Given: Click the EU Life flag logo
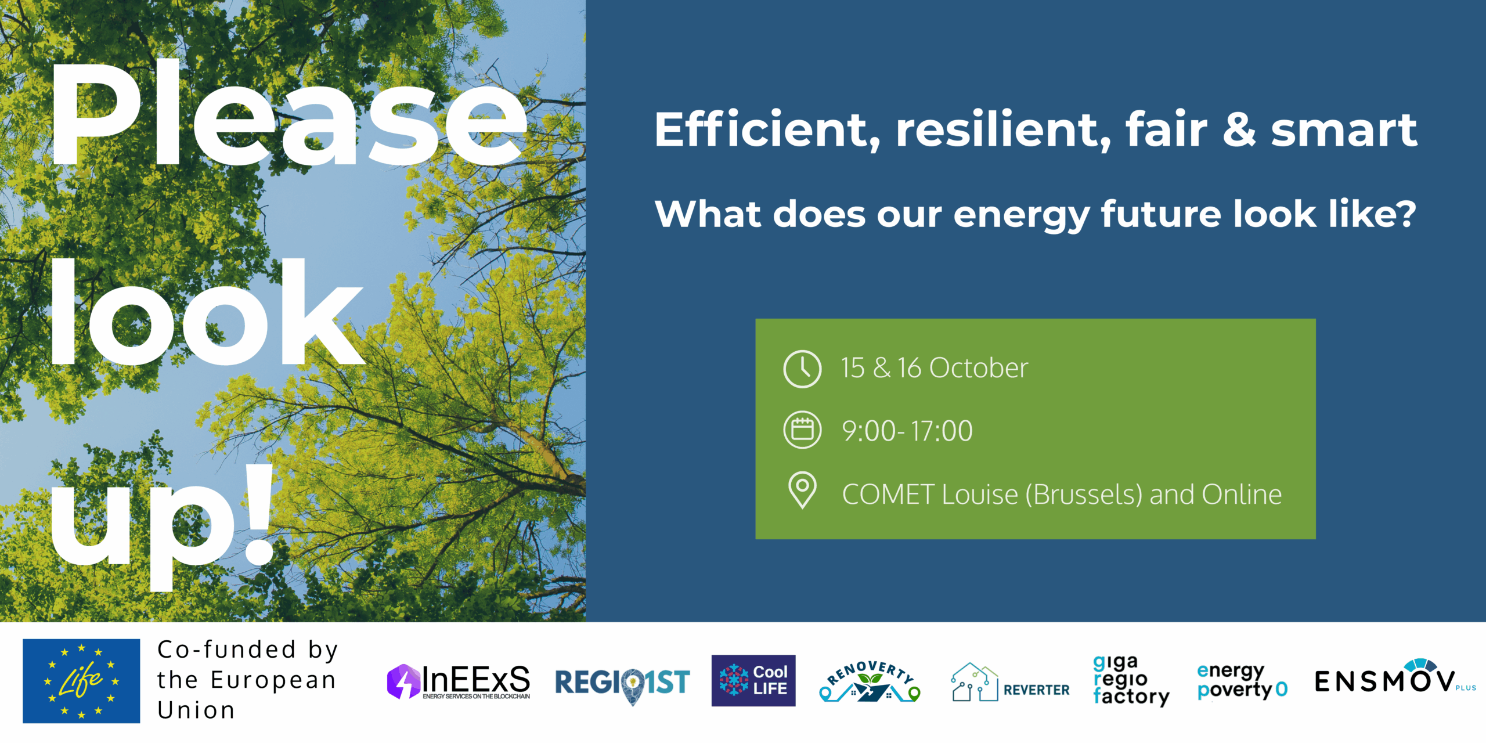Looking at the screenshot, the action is pyautogui.click(x=81, y=681).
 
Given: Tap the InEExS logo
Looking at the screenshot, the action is pyautogui.click(x=459, y=681).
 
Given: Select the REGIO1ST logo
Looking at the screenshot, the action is pyautogui.click(x=622, y=684).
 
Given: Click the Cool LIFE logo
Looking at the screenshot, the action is pyautogui.click(x=753, y=681).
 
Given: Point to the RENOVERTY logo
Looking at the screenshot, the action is pyautogui.click(x=870, y=681).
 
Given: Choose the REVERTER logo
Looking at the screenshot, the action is pyautogui.click(x=1010, y=683).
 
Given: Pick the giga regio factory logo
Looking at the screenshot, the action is pyautogui.click(x=1131, y=681).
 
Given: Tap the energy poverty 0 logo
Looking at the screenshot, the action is pyautogui.click(x=1242, y=681).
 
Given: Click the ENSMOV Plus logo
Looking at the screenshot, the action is pyautogui.click(x=1395, y=677).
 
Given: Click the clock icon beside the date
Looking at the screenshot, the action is pyautogui.click(x=802, y=369).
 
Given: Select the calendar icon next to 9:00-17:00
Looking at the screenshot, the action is pyautogui.click(x=802, y=430).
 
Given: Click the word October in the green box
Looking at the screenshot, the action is pyautogui.click(x=978, y=368).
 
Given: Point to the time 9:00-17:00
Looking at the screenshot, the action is pyautogui.click(x=907, y=431).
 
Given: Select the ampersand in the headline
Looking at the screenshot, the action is pyautogui.click(x=1239, y=130).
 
